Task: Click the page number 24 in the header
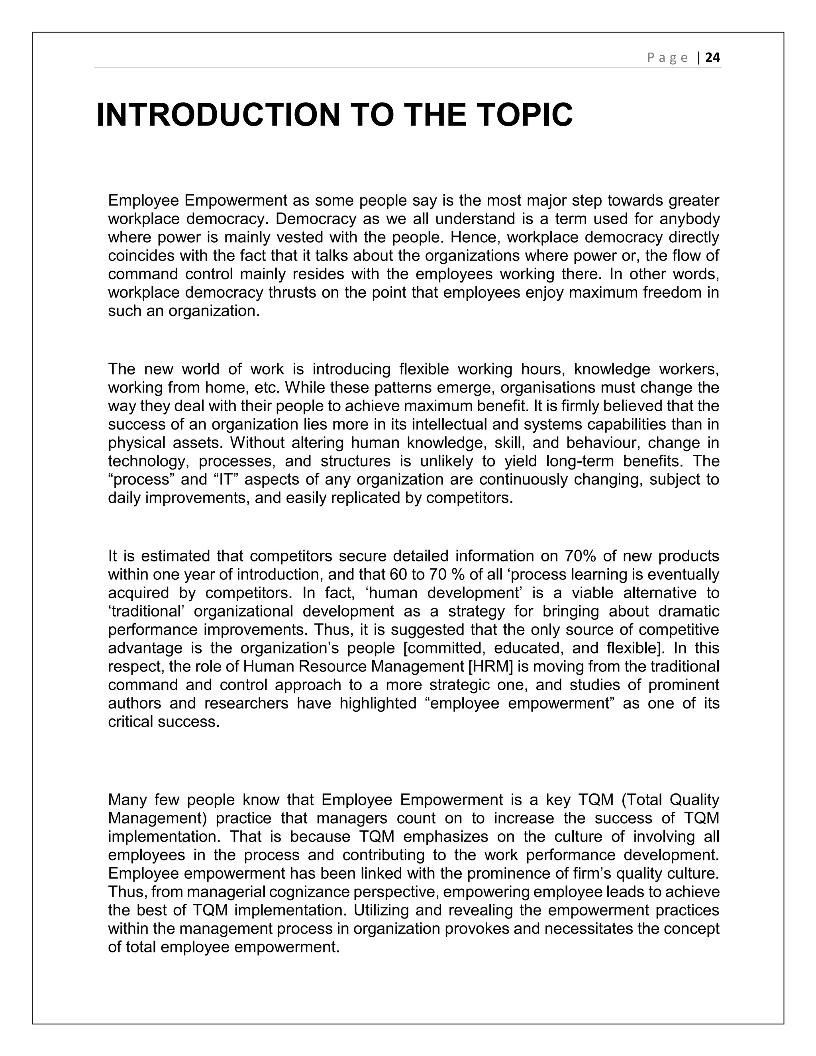[x=712, y=58]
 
